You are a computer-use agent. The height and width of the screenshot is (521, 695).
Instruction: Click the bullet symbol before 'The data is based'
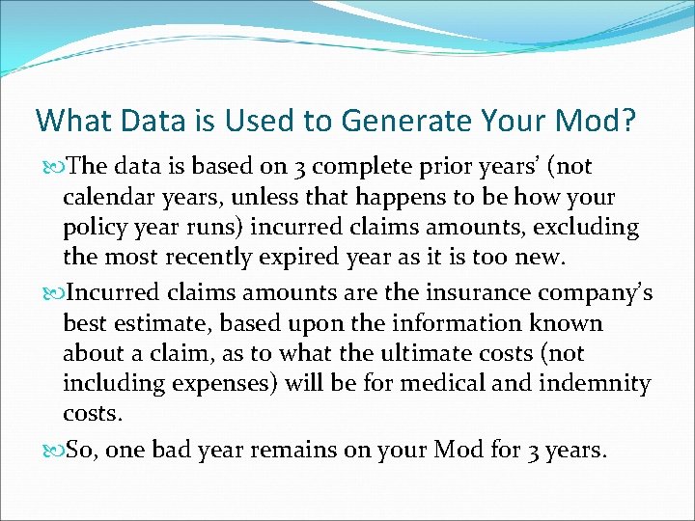[x=53, y=167]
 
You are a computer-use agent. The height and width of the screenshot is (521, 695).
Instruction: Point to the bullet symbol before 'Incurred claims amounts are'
[x=53, y=292]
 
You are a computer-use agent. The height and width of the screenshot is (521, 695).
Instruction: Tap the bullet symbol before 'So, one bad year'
[x=53, y=451]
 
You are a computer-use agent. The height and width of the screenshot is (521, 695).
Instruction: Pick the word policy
[x=93, y=229]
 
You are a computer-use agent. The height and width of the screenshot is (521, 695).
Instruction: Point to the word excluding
[x=592, y=229]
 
